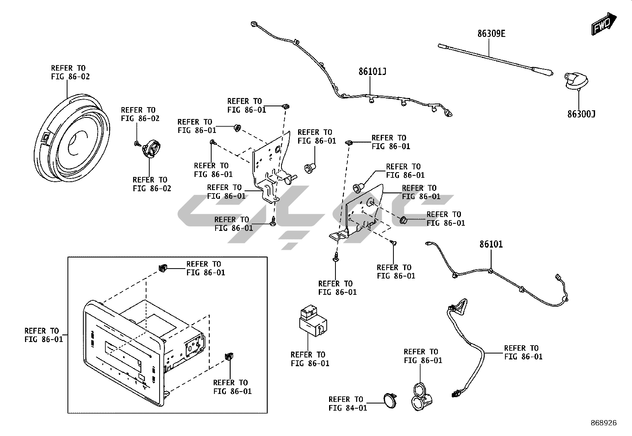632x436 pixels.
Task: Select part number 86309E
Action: [x=491, y=34]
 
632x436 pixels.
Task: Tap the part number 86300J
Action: [x=581, y=114]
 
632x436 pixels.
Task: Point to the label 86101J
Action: [x=372, y=72]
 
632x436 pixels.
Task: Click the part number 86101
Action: [x=491, y=244]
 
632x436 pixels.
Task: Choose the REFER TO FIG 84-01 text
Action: [x=348, y=403]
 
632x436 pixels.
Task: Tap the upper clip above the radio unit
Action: [x=162, y=268]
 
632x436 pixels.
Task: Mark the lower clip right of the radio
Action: [x=229, y=356]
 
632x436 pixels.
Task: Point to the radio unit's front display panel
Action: [x=121, y=349]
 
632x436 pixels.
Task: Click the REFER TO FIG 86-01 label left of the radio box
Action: [x=44, y=335]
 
